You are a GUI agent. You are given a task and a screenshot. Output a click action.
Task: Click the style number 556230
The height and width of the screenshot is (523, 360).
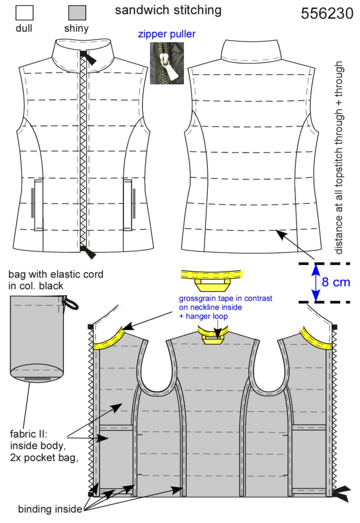tap(327, 13)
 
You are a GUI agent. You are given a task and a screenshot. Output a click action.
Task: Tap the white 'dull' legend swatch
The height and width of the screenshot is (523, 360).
tap(24, 13)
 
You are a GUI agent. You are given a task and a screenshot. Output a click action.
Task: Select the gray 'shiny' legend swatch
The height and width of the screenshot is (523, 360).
tap(77, 13)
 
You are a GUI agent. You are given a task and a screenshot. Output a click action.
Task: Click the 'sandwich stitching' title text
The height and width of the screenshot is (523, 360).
tap(168, 10)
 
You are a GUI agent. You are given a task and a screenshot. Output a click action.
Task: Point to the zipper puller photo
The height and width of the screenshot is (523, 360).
tap(167, 63)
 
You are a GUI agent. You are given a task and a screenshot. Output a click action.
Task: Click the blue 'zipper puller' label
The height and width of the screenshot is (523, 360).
tap(167, 34)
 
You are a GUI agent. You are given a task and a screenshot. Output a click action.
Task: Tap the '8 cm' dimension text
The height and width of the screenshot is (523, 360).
tap(336, 282)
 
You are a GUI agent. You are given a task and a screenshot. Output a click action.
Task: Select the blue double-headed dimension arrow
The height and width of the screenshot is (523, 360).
tap(316, 283)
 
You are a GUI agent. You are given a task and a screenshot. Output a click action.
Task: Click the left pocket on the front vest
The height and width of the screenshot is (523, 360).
tap(39, 205)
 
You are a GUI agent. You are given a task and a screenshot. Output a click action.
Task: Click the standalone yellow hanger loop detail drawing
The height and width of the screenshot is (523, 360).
tap(212, 280)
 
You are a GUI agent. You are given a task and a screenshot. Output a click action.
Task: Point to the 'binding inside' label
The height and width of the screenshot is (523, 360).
tap(50, 509)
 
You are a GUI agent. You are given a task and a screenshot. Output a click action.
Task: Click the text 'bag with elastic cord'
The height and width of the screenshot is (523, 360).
tap(56, 274)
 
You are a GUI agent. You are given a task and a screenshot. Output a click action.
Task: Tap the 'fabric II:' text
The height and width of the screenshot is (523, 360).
tap(29, 434)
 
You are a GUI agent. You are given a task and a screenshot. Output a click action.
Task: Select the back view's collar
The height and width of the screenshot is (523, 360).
tap(251, 51)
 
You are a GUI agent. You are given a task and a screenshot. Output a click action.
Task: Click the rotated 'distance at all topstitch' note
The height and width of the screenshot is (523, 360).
tap(339, 158)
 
